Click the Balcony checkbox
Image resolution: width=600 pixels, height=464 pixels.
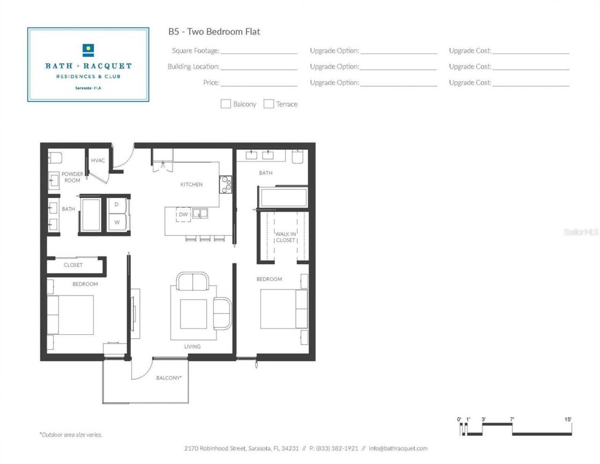click(x=225, y=104)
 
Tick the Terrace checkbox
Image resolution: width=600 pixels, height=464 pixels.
click(x=269, y=104)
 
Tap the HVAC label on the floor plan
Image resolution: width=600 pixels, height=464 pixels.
click(x=98, y=160)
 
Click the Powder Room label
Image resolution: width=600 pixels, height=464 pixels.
click(x=72, y=177)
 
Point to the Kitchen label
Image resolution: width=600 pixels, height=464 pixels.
click(x=191, y=184)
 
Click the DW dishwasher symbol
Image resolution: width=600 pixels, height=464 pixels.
click(x=183, y=214)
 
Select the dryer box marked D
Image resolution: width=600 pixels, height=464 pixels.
click(x=117, y=205)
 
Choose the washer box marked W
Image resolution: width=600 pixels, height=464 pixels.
click(x=117, y=222)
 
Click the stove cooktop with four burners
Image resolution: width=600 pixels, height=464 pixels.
click(x=225, y=184)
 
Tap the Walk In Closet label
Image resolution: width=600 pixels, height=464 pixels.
click(x=285, y=237)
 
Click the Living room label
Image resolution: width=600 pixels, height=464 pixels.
click(x=192, y=347)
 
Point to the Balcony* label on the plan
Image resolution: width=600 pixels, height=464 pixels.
click(x=169, y=378)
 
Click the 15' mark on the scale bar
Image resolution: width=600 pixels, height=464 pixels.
click(x=568, y=419)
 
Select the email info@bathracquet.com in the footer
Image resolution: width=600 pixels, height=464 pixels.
click(x=398, y=449)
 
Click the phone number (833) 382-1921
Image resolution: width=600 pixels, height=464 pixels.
click(x=337, y=449)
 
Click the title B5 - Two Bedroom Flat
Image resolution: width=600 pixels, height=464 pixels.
click(x=214, y=32)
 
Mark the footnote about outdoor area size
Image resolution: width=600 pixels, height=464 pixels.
click(x=71, y=435)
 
